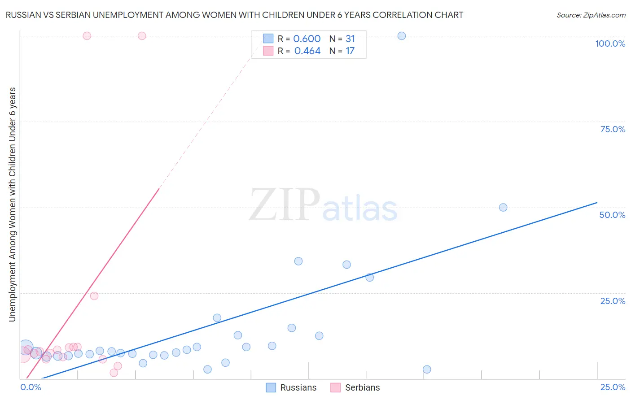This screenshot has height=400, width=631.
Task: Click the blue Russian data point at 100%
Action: click(402, 36)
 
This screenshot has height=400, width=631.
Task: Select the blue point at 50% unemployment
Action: click(503, 208)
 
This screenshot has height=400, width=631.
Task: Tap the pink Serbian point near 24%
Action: click(94, 296)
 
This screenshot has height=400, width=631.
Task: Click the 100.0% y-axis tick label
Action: click(610, 43)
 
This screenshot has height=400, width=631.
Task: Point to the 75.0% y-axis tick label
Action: click(613, 129)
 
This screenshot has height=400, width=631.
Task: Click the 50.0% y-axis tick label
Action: click(612, 215)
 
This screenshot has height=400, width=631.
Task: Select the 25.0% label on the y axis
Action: click(613, 301)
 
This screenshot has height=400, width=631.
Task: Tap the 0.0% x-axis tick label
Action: click(31, 387)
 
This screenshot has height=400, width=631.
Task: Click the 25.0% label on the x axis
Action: click(613, 387)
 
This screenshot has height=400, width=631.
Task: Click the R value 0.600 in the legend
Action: click(307, 39)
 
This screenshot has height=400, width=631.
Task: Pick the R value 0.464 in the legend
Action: click(307, 51)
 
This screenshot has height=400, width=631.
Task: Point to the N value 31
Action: click(350, 39)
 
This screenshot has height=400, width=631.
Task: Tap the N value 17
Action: click(350, 51)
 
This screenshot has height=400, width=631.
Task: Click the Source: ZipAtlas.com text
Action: click(591, 15)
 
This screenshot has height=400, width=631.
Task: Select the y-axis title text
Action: click(12, 204)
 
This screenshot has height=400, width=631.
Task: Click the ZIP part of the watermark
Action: click(285, 205)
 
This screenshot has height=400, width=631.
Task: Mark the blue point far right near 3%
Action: click(427, 370)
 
